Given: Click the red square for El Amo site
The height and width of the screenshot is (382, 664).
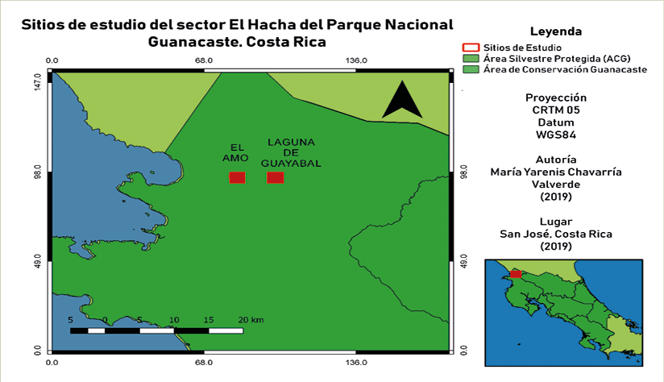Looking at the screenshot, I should [237, 177].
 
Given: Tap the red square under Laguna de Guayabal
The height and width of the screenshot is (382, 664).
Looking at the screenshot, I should [276, 177].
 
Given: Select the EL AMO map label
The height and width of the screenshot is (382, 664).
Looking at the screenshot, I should [237, 152].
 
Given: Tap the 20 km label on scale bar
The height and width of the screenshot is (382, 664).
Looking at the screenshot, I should [251, 320].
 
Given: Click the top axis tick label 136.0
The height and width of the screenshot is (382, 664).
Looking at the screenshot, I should [357, 60].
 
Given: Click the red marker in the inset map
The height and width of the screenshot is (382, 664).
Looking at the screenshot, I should [516, 274].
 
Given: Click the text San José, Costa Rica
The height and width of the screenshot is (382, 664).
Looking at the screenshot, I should [556, 234].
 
